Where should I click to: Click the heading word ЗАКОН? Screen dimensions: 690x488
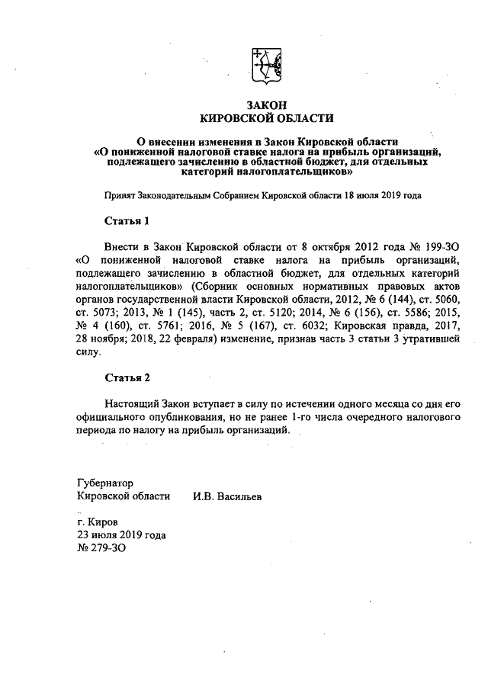[x=266, y=104]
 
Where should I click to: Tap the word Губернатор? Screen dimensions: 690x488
[x=105, y=483]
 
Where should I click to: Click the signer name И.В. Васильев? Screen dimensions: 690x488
[x=227, y=496]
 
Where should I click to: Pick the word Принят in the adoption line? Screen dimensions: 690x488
[x=120, y=195]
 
